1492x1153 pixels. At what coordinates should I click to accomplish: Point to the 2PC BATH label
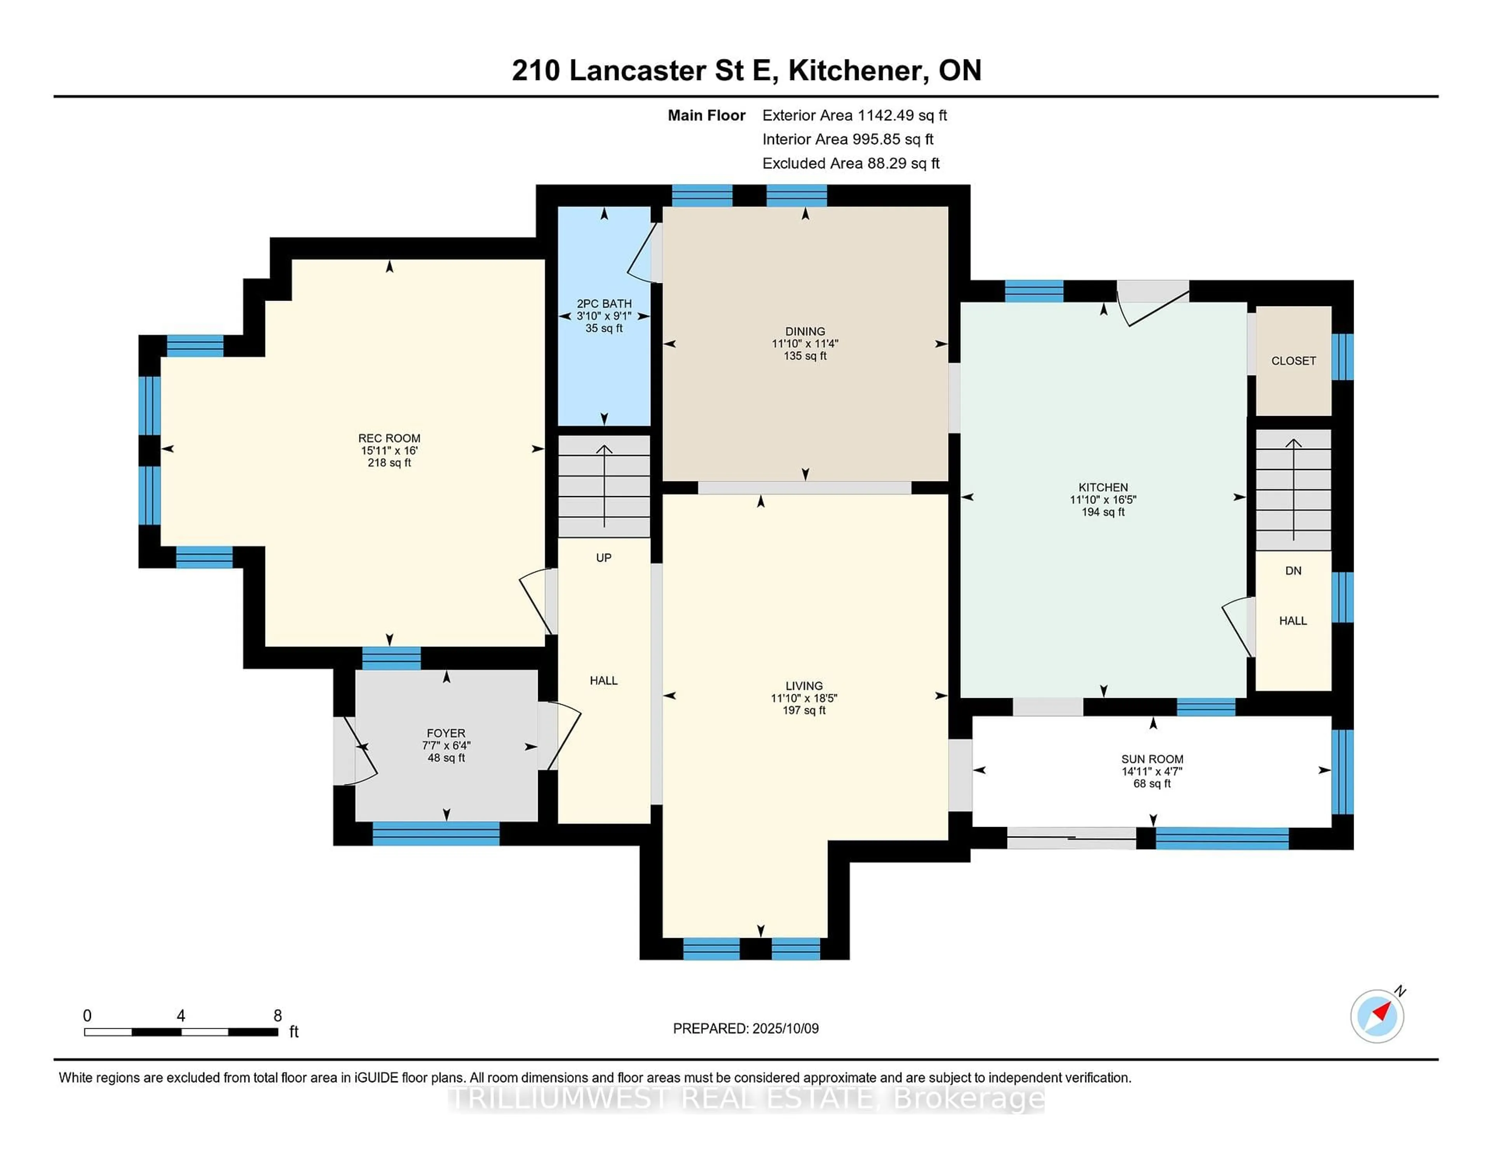pyautogui.click(x=604, y=304)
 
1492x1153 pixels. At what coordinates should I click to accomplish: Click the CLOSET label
pyautogui.click(x=1293, y=361)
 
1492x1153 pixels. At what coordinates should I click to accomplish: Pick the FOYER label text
pyautogui.click(x=446, y=733)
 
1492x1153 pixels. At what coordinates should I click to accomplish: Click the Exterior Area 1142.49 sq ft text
pyautogui.click(x=855, y=115)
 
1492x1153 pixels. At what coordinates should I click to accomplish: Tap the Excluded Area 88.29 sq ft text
pyautogui.click(x=851, y=163)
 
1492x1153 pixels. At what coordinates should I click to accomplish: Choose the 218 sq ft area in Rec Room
pyautogui.click(x=389, y=462)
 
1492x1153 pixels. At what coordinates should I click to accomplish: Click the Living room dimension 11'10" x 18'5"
pyautogui.click(x=804, y=698)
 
